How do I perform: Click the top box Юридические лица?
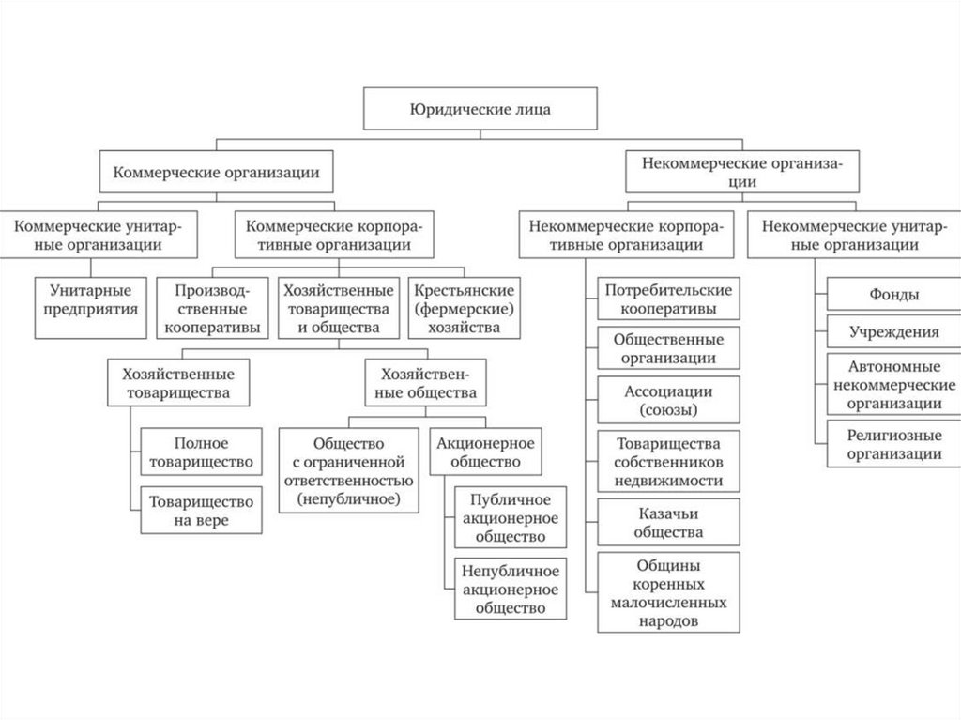[480, 110]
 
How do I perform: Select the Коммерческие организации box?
[216, 173]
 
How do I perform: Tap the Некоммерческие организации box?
[741, 173]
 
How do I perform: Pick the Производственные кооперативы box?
[211, 306]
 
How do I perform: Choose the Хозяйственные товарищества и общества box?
[338, 306]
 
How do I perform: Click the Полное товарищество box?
[201, 452]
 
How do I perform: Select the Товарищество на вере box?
[201, 509]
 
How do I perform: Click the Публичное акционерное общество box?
[511, 518]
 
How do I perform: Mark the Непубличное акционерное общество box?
[511, 589]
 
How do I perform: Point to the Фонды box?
[892, 295]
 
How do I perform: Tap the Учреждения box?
[892, 332]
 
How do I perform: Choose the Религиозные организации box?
[892, 444]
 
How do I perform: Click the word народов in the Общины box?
[668, 620]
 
